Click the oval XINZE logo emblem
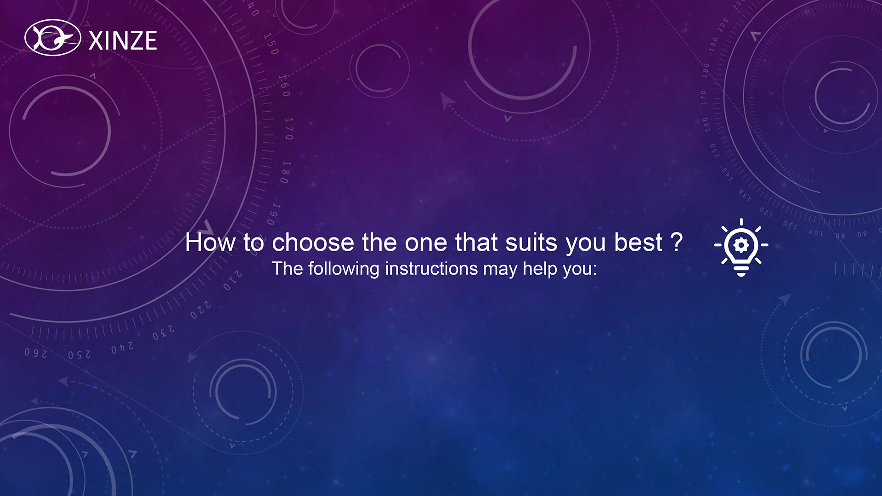pos(53,38)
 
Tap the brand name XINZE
pos(123,41)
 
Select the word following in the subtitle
pos(344,269)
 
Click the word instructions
pos(431,269)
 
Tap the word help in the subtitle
pos(540,269)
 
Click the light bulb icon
pos(741,248)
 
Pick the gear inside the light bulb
pos(741,245)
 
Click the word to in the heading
pos(254,242)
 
